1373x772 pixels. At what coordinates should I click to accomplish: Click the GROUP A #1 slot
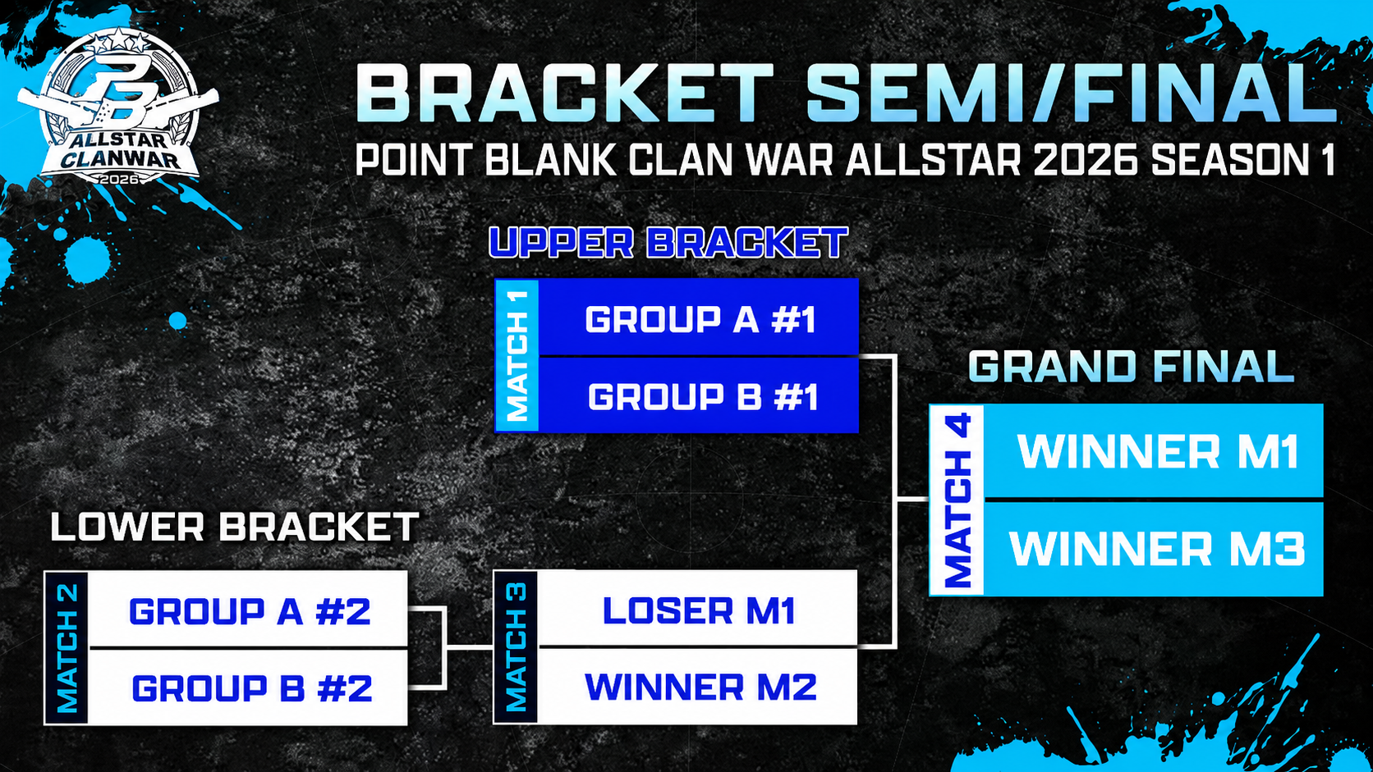pos(698,317)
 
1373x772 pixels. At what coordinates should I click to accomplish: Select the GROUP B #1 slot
pos(698,395)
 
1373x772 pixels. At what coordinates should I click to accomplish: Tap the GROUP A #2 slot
pos(248,610)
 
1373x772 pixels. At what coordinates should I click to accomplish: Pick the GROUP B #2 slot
pos(248,687)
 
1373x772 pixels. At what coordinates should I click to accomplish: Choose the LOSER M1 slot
pos(697,609)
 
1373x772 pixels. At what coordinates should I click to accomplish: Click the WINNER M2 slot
pos(697,687)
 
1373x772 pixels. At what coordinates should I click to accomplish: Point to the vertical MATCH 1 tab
pos(517,356)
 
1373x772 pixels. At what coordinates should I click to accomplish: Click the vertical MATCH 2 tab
pos(67,648)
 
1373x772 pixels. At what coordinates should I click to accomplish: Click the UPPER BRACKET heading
pos(668,243)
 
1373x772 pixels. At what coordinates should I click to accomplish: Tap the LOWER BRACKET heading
pos(234,527)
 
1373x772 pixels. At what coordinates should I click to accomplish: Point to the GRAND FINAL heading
pos(1131,367)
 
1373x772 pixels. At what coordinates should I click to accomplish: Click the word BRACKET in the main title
pos(564,93)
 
